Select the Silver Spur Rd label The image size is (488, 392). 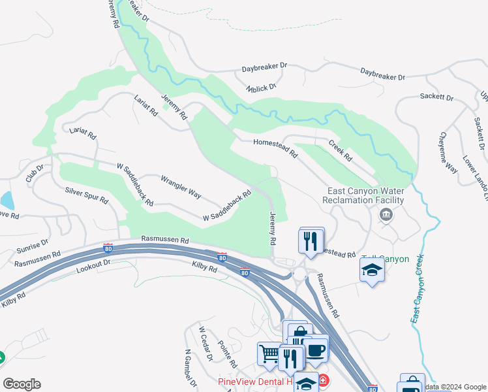click(87, 195)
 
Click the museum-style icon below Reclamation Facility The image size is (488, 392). click(386, 214)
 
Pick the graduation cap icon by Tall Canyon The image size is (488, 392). click(372, 270)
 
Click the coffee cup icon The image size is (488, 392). click(316, 348)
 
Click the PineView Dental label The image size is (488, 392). click(254, 382)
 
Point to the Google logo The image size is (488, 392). click(22, 384)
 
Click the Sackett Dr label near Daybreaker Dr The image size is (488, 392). click(436, 97)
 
